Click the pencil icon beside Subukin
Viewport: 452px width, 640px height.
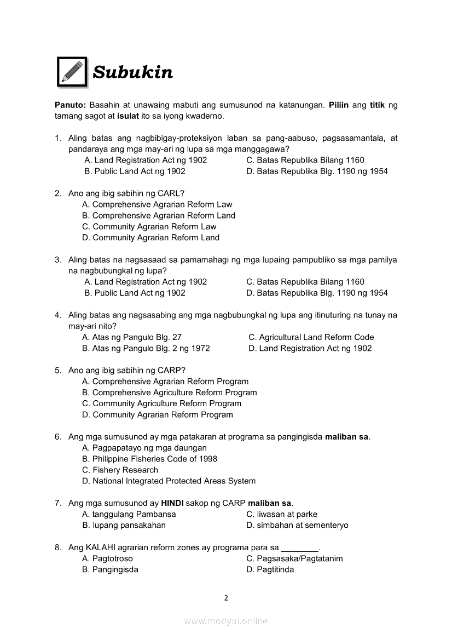click(x=72, y=72)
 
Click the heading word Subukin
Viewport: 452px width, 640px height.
click(x=133, y=72)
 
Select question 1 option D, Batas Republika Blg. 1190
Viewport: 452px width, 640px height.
click(x=317, y=171)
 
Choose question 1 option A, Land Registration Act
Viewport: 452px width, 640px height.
click(x=145, y=160)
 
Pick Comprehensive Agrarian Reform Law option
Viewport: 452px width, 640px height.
click(x=157, y=205)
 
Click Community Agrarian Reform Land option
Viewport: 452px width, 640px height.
click(x=150, y=238)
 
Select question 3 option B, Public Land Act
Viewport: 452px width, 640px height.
click(x=135, y=293)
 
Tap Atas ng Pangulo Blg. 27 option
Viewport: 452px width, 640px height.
click(x=132, y=337)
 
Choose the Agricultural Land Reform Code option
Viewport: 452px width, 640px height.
click(x=311, y=337)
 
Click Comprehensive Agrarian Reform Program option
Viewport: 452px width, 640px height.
click(x=165, y=382)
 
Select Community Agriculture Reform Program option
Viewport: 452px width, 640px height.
click(x=161, y=403)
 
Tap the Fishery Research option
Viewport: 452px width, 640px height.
click(x=120, y=470)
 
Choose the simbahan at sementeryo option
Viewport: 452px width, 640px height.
click(x=297, y=525)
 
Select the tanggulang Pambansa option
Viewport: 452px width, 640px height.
click(x=129, y=514)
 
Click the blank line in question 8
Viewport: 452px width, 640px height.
click(x=299, y=548)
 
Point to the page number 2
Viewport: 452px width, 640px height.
click(x=226, y=598)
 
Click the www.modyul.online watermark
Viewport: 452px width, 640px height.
click(x=226, y=621)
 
